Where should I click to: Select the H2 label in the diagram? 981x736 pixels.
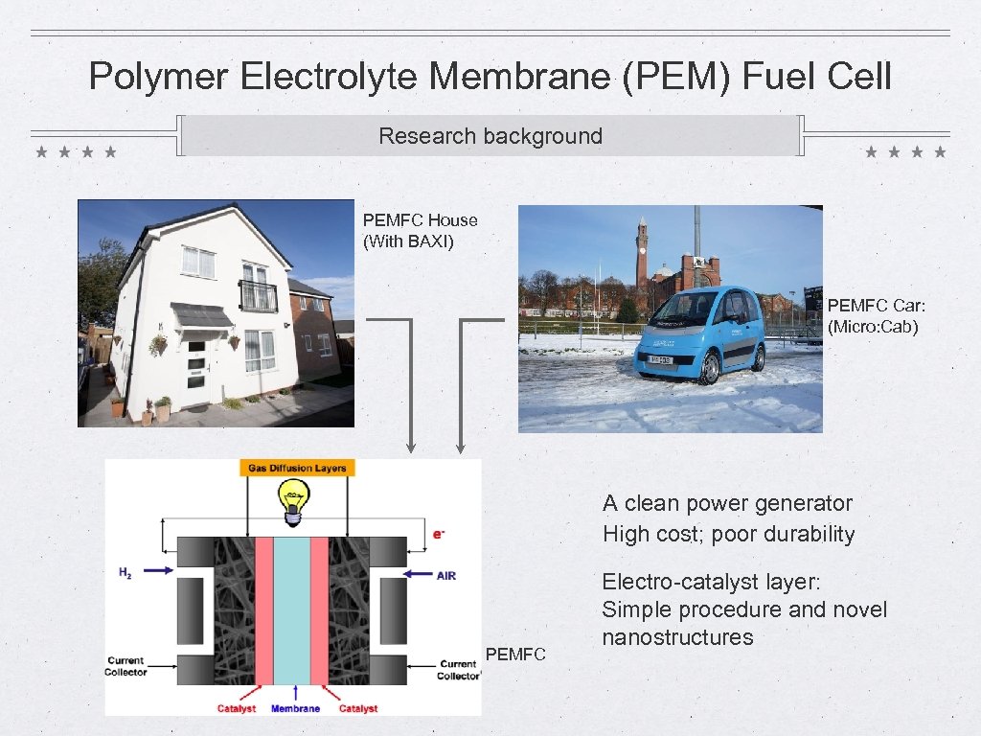[x=125, y=572]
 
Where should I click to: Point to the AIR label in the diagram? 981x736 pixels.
[x=446, y=575]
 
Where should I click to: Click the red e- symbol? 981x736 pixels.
[x=439, y=534]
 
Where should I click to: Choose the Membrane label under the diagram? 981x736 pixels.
[x=295, y=709]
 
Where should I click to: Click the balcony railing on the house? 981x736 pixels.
[x=258, y=296]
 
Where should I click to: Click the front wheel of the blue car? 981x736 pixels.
[x=709, y=369]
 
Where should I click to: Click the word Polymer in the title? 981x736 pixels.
[x=159, y=76]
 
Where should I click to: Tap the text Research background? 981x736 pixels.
[x=490, y=136]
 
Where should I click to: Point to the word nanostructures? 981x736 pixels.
[x=677, y=637]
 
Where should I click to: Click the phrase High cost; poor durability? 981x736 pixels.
[x=728, y=534]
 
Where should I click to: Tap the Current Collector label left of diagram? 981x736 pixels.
[x=125, y=666]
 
